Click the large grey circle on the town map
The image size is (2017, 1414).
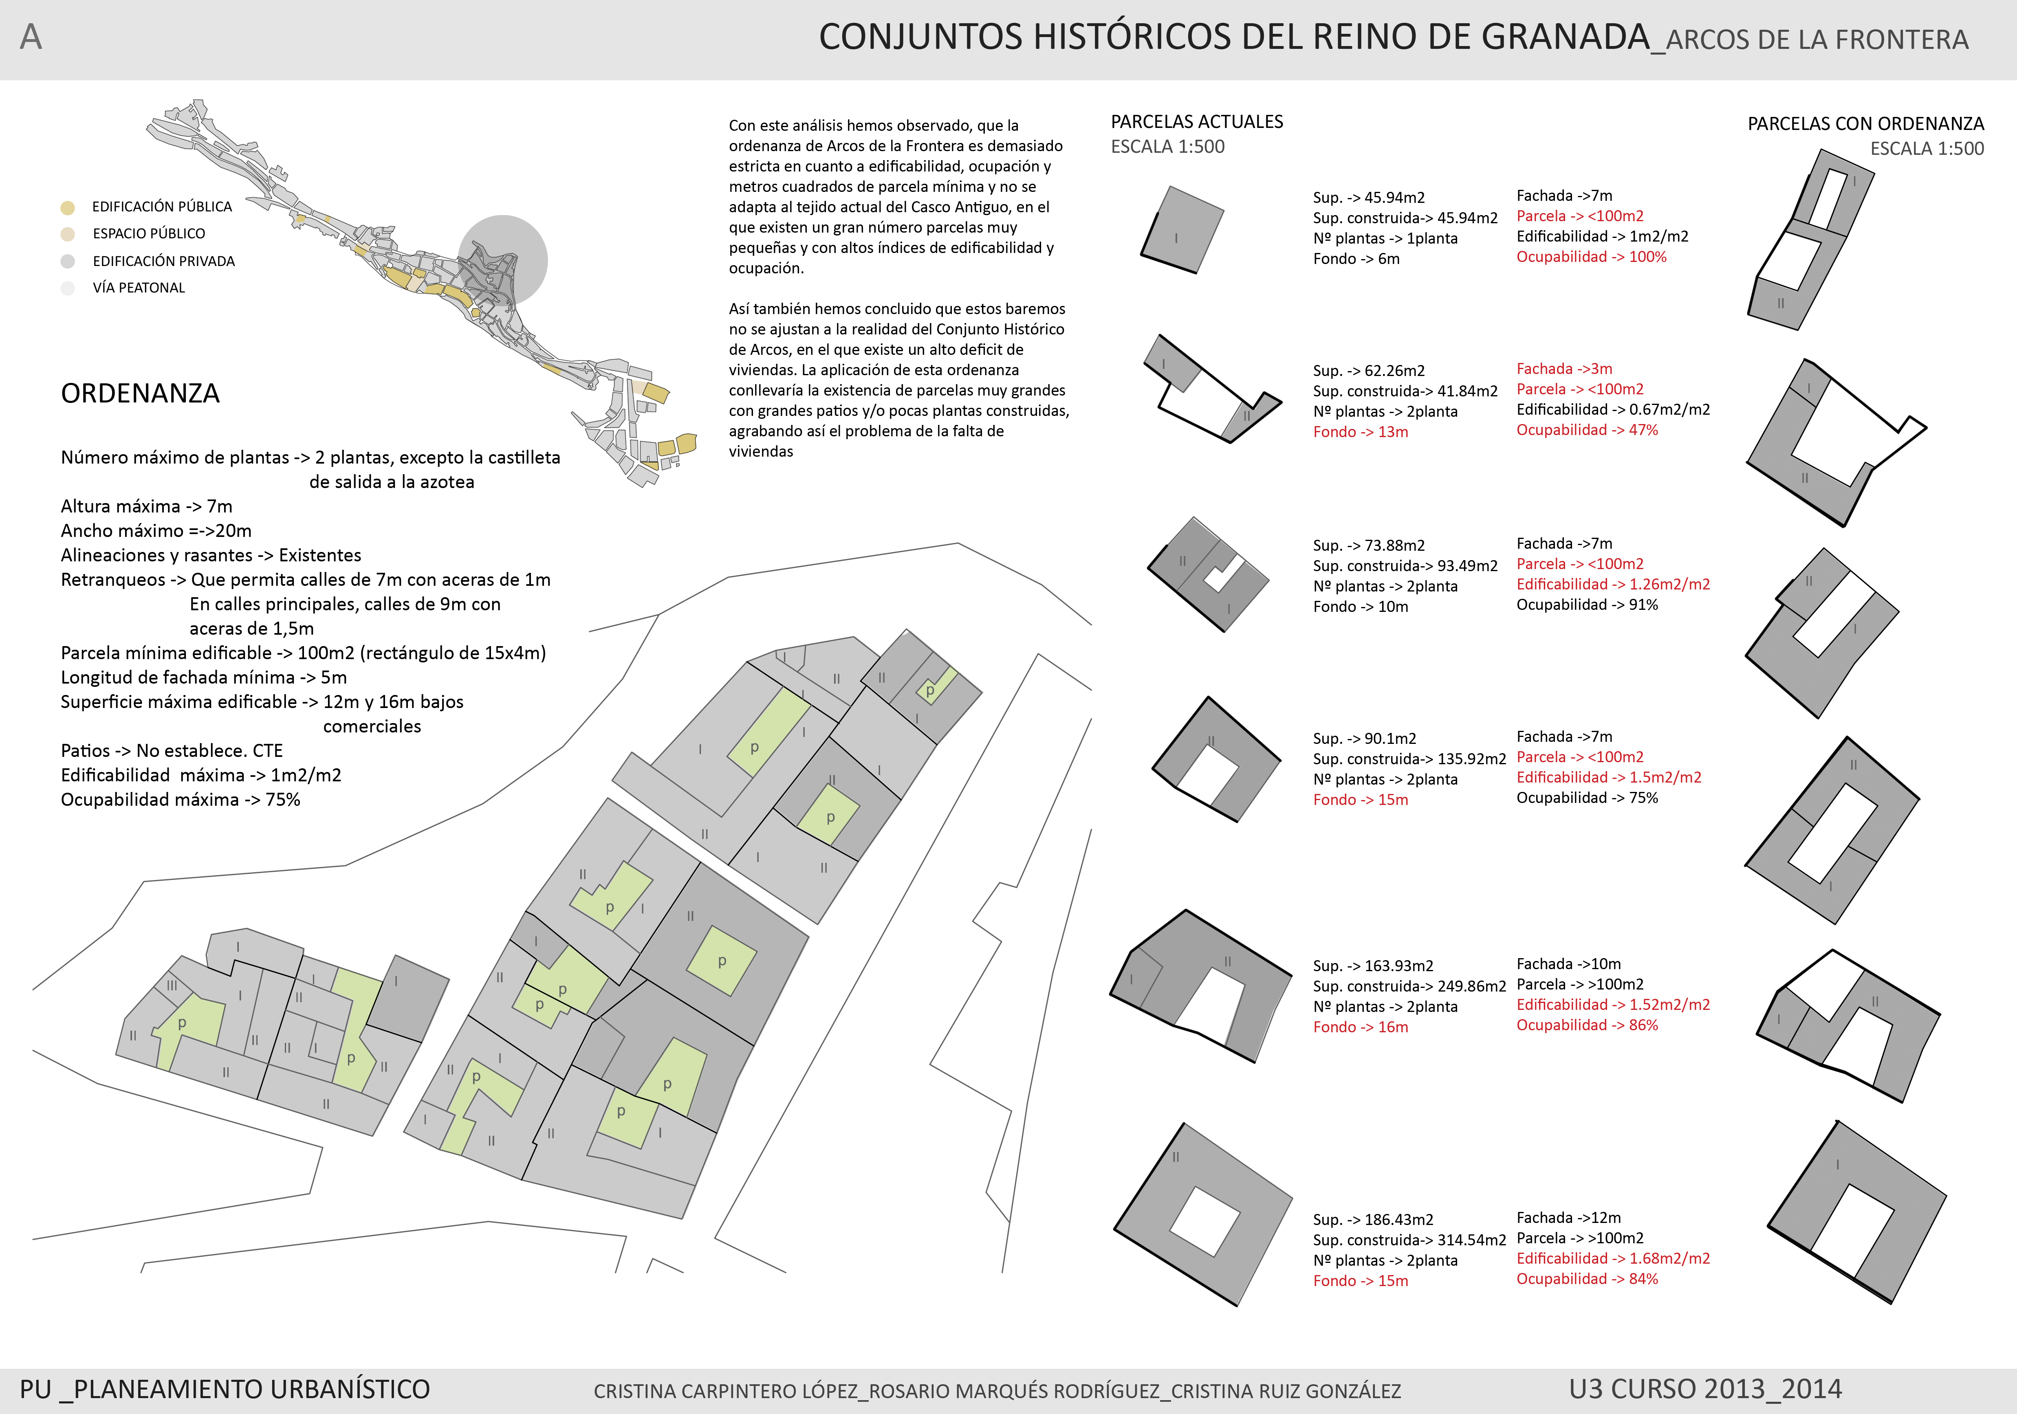503,260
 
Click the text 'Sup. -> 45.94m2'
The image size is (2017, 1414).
1369,198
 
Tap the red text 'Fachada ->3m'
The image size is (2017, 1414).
1564,369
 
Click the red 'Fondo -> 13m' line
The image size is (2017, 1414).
1360,432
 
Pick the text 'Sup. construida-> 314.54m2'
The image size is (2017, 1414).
1409,1240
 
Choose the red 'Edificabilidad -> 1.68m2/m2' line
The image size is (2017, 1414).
1613,1258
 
